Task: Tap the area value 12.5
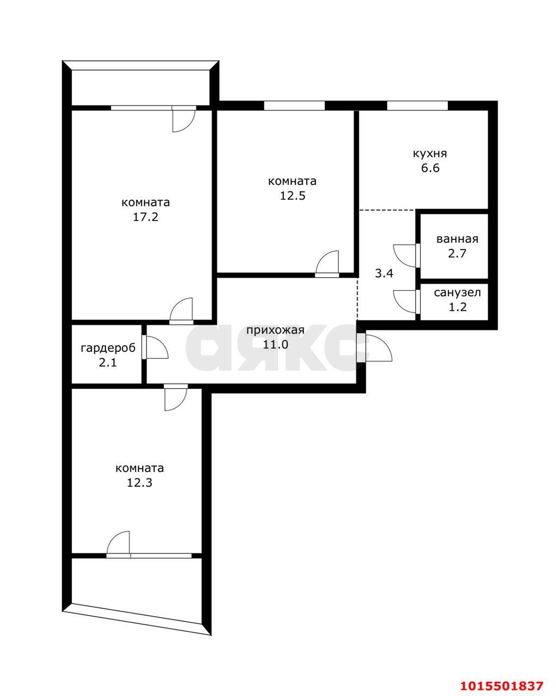(292, 196)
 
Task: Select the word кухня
(430, 153)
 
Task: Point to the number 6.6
(430, 168)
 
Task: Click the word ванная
(457, 239)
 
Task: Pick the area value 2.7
(457, 253)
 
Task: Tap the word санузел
(457, 293)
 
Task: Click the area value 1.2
(457, 307)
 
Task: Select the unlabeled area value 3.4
(384, 273)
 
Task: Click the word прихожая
(275, 330)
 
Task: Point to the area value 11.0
(275, 344)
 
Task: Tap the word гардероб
(107, 348)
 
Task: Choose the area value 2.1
(107, 363)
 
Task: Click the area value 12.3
(139, 482)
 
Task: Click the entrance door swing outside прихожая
(379, 348)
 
